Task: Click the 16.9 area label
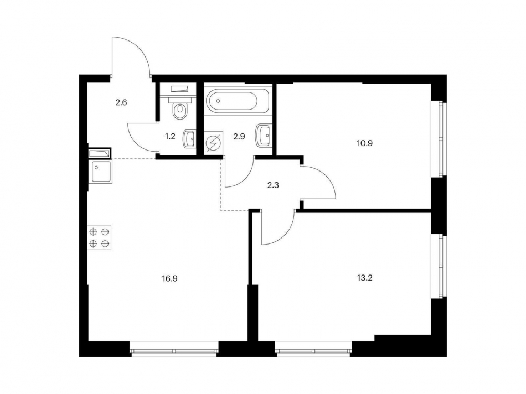[170, 278]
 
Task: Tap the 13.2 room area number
[365, 278]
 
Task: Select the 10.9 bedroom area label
[365, 143]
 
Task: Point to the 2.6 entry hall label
[121, 102]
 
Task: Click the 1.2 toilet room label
[171, 137]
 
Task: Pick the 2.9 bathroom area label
[239, 137]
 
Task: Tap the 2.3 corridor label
[273, 185]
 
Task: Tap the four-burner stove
[99, 237]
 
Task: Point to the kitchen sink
[100, 172]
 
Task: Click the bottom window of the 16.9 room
[174, 349]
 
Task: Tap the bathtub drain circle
[218, 100]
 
